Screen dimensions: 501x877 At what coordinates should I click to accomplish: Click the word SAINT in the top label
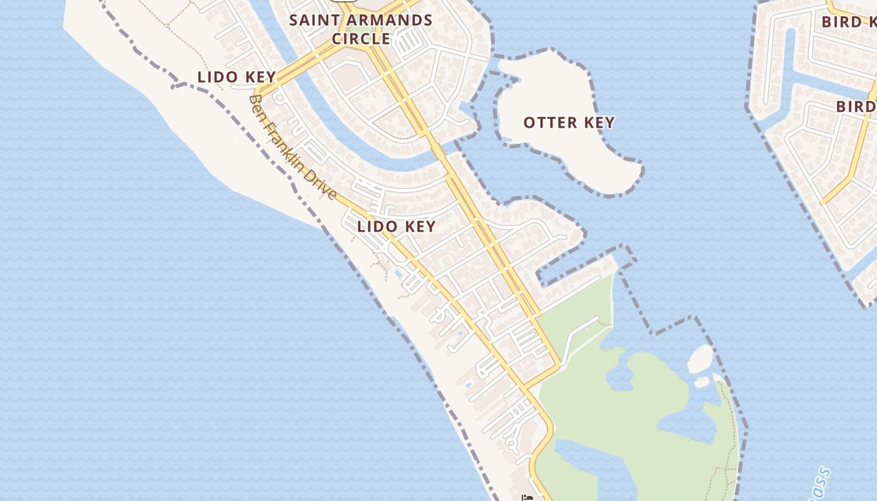[314, 20]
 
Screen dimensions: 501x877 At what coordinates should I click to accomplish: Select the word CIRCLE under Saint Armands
[361, 39]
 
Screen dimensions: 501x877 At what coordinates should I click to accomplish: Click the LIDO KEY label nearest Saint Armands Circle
[237, 77]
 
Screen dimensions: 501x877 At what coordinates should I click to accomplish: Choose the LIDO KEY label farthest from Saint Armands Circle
[396, 226]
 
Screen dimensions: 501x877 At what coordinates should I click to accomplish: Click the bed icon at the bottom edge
[527, 498]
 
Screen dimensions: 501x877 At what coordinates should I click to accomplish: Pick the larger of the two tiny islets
[700, 358]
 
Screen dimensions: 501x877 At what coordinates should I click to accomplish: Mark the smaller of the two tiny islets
[702, 381]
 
